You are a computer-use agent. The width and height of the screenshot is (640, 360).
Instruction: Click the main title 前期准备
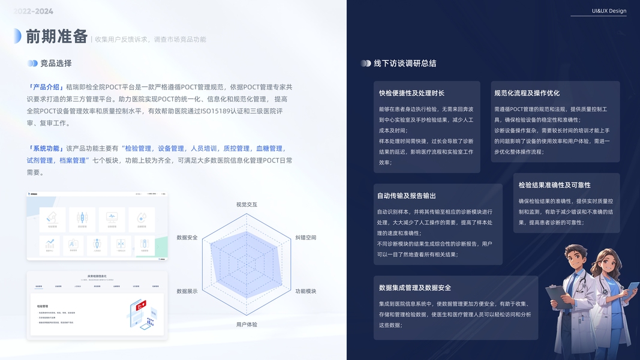[x=57, y=37]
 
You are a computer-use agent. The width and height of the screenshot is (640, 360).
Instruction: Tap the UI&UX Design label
[x=609, y=11]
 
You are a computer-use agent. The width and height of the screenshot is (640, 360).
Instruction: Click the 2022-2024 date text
[x=34, y=11]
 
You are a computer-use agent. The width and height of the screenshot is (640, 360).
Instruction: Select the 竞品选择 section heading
[x=56, y=63]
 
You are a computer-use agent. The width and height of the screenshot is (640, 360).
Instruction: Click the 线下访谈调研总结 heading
[x=405, y=63]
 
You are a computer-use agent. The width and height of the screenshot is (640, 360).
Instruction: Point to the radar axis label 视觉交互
[x=247, y=205]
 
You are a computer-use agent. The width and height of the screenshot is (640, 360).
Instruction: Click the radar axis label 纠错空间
[x=306, y=238]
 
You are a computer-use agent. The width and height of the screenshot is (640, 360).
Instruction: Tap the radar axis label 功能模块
[x=306, y=291]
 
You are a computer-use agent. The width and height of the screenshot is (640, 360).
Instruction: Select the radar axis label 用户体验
[x=247, y=325]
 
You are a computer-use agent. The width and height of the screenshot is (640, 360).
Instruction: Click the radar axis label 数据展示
[x=187, y=291]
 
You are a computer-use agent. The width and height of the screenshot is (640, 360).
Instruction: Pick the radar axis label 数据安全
[x=187, y=238]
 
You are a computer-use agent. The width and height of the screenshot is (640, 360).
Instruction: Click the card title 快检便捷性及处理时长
[x=411, y=93]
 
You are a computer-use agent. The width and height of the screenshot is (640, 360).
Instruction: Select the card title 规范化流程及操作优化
[x=527, y=93]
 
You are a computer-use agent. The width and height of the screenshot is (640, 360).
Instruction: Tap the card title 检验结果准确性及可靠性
[x=555, y=185]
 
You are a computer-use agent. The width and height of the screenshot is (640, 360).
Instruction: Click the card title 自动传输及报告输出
[x=407, y=196]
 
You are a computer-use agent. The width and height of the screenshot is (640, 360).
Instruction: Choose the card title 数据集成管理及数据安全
[x=415, y=287]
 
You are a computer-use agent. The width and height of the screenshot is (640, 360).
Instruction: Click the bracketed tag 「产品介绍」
[x=46, y=87]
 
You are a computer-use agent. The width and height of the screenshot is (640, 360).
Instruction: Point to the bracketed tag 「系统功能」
[x=46, y=148]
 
